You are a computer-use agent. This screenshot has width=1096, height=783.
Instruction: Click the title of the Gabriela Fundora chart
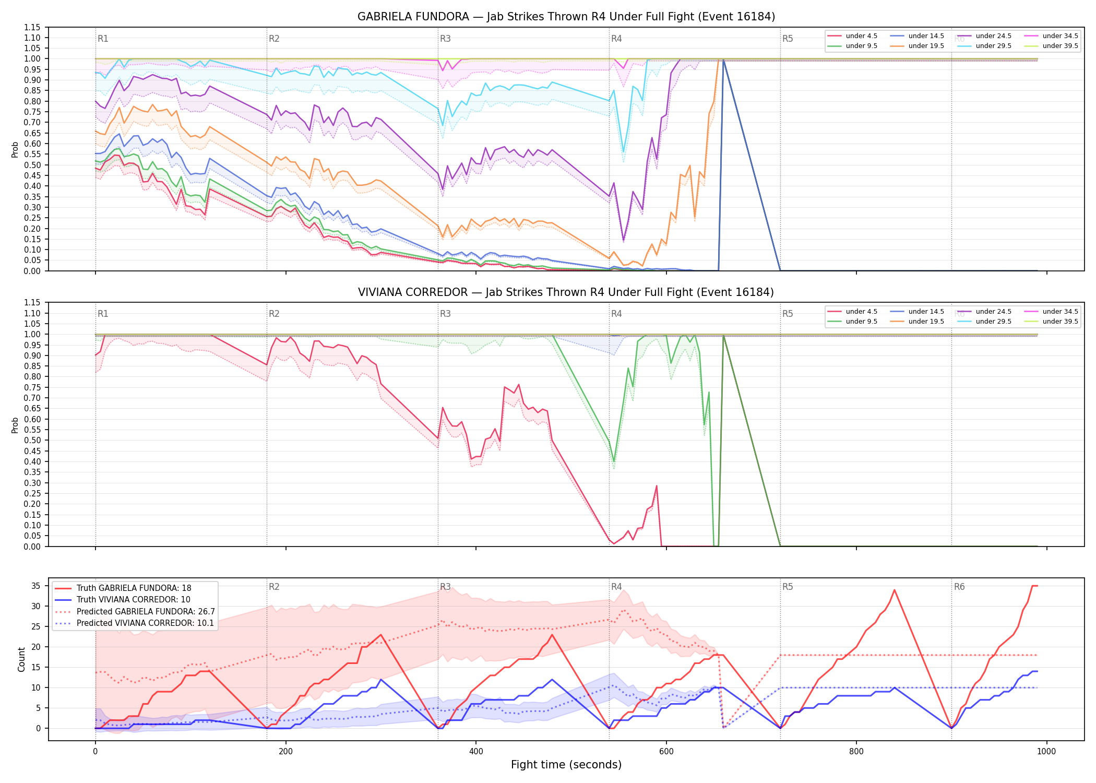tap(566, 17)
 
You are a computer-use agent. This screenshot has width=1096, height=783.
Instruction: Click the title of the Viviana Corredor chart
tap(566, 292)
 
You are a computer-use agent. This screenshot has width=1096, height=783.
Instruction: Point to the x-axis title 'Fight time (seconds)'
tap(566, 765)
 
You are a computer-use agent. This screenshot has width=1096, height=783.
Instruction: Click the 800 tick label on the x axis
tap(856, 752)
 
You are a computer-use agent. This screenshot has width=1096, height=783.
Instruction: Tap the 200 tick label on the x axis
tap(285, 752)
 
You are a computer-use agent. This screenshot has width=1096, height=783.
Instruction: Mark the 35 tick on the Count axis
tap(35, 586)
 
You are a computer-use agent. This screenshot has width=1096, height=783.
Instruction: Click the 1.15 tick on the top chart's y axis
tap(32, 27)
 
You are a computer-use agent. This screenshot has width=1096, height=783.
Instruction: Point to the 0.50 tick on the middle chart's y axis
tap(32, 441)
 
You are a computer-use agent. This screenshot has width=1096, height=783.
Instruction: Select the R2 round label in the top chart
tap(274, 39)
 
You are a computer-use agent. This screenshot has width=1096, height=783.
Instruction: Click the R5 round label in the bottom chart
tap(788, 587)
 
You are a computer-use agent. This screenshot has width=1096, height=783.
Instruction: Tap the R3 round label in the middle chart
tap(445, 314)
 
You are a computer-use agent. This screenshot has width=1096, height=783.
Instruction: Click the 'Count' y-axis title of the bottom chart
tap(21, 659)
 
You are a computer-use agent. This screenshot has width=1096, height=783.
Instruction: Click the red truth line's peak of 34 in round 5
tap(895, 590)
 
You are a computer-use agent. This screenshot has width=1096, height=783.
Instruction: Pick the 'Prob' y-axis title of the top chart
tap(15, 149)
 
